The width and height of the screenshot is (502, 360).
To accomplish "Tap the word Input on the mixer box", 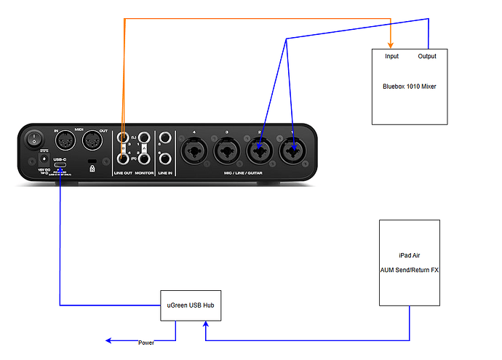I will coord(392,56).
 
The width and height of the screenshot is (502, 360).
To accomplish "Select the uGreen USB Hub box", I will coord(190,305).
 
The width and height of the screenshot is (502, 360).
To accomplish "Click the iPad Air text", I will coord(410,255).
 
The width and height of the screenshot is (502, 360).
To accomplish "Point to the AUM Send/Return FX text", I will coord(410,270).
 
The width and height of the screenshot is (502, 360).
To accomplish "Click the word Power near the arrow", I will coord(146,342).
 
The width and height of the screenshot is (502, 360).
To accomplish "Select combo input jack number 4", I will coord(194,152).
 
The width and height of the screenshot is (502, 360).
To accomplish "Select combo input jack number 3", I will coord(227,152).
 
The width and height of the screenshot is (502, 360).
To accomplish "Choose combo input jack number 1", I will coord(292,152).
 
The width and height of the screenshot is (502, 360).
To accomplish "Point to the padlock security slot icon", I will coord(92,167).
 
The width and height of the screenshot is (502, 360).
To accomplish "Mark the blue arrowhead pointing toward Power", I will coord(108,340).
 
